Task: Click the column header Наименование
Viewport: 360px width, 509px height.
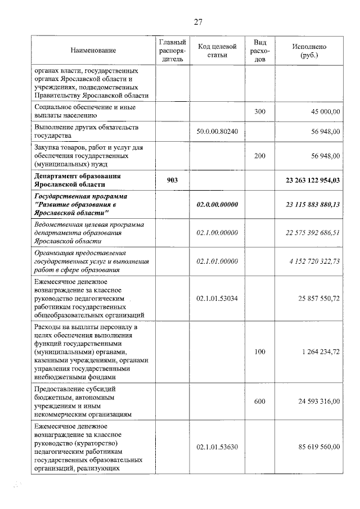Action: [x=93, y=51]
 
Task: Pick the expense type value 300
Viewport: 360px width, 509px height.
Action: [x=259, y=112]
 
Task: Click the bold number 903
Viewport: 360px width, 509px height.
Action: [x=172, y=180]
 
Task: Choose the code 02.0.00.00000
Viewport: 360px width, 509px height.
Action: [x=218, y=205]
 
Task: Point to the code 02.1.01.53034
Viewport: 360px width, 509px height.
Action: [x=218, y=298]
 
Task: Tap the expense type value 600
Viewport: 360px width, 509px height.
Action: [x=259, y=401]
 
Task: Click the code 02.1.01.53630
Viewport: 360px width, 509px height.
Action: [x=218, y=447]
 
